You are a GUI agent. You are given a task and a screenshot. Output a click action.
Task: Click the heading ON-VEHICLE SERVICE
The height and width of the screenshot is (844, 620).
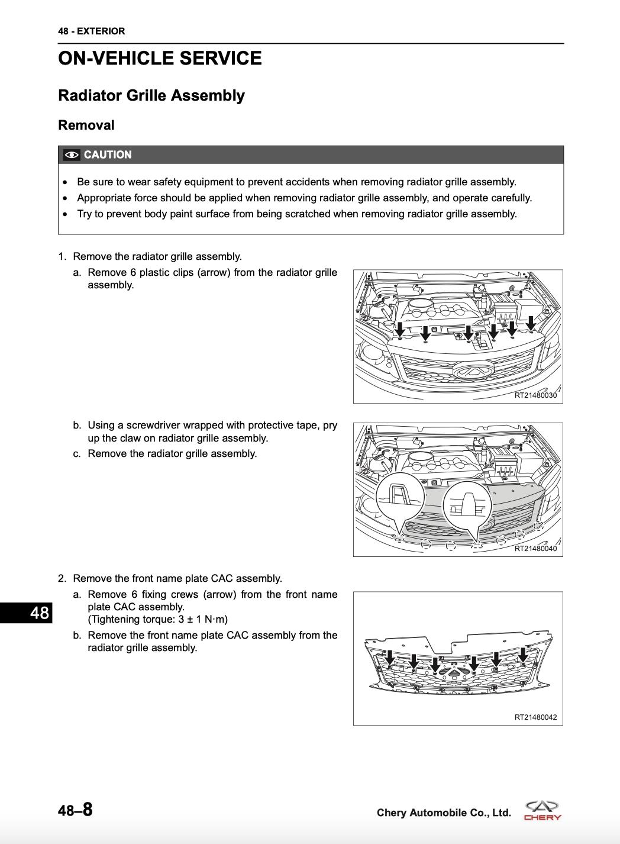[160, 59]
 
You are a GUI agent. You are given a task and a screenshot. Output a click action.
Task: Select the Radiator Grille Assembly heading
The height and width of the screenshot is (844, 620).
[151, 96]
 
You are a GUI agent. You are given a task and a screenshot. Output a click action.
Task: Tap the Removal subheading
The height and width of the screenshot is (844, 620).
[86, 125]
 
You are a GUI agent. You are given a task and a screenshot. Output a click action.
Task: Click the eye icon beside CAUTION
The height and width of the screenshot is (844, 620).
[72, 155]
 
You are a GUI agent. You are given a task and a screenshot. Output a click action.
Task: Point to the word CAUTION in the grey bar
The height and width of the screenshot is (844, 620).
[108, 155]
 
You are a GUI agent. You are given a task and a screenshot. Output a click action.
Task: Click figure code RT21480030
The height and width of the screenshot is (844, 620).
[535, 395]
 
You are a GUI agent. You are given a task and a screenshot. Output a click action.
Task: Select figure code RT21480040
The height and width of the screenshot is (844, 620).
[535, 549]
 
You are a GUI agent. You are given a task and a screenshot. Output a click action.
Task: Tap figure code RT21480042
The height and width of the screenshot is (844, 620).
[535, 717]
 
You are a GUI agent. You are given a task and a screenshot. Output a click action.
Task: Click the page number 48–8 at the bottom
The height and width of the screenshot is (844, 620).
[75, 810]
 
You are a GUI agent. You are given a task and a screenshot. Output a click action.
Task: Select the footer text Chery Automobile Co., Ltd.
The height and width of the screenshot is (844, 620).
[444, 813]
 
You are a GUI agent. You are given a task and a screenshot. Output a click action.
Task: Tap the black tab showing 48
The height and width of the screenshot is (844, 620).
[27, 613]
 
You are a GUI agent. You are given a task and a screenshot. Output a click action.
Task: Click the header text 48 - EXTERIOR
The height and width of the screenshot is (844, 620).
[92, 31]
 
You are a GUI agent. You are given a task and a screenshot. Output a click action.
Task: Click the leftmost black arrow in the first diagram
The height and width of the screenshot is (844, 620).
[401, 328]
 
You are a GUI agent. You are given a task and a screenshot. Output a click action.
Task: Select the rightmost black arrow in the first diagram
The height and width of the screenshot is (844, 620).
[531, 323]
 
